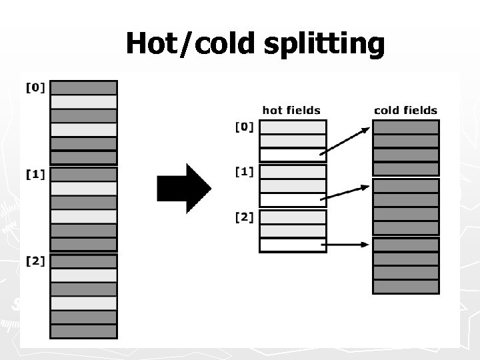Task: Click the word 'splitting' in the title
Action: click(x=325, y=44)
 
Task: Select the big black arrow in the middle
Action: click(x=184, y=188)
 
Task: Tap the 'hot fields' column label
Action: click(x=291, y=110)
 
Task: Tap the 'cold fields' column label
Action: click(x=405, y=110)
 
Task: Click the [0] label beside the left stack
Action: click(x=35, y=87)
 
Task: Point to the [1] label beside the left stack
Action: click(x=35, y=174)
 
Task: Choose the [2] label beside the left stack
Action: click(x=35, y=261)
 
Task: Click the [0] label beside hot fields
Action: click(x=245, y=127)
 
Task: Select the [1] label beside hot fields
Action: click(x=245, y=172)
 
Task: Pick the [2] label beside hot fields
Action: click(x=245, y=217)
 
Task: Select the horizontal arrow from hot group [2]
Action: click(x=349, y=245)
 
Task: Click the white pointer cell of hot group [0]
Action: click(x=293, y=155)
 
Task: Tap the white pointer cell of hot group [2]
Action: click(x=293, y=245)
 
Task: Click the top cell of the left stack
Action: click(x=84, y=87)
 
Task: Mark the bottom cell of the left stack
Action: click(x=84, y=331)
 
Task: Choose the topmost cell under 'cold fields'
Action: click(x=405, y=127)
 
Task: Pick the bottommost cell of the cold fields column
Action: click(x=405, y=287)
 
